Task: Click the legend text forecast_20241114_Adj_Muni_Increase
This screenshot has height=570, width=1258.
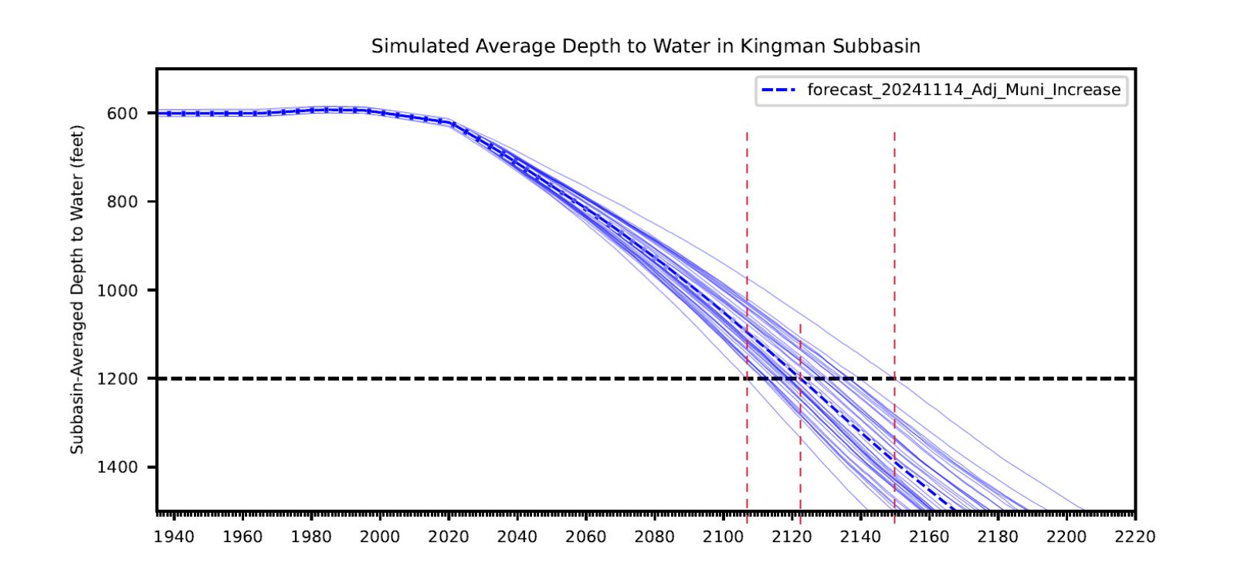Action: click(964, 90)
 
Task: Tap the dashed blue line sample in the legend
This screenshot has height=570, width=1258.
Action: click(778, 90)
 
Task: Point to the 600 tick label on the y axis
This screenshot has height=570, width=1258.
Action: click(122, 114)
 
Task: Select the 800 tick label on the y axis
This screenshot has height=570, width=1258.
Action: click(122, 202)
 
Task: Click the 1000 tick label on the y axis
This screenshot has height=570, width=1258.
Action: click(117, 290)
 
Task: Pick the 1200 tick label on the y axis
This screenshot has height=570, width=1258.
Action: click(117, 378)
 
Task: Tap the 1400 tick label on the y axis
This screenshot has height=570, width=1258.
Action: click(117, 467)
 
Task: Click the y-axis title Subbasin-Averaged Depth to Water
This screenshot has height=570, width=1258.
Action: click(77, 290)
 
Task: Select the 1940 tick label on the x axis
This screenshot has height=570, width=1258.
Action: click(174, 538)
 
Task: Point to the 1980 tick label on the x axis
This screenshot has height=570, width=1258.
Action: click(311, 538)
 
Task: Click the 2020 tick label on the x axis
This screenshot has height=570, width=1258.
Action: click(449, 538)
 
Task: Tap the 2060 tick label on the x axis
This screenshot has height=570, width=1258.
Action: click(585, 538)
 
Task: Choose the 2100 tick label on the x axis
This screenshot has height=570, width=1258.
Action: click(723, 538)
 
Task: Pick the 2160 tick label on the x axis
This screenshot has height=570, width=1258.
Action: click(929, 538)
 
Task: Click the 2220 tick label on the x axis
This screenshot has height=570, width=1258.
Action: click(1135, 538)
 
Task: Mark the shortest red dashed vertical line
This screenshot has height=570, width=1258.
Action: click(800, 417)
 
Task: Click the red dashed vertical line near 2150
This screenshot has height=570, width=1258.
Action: click(895, 309)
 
